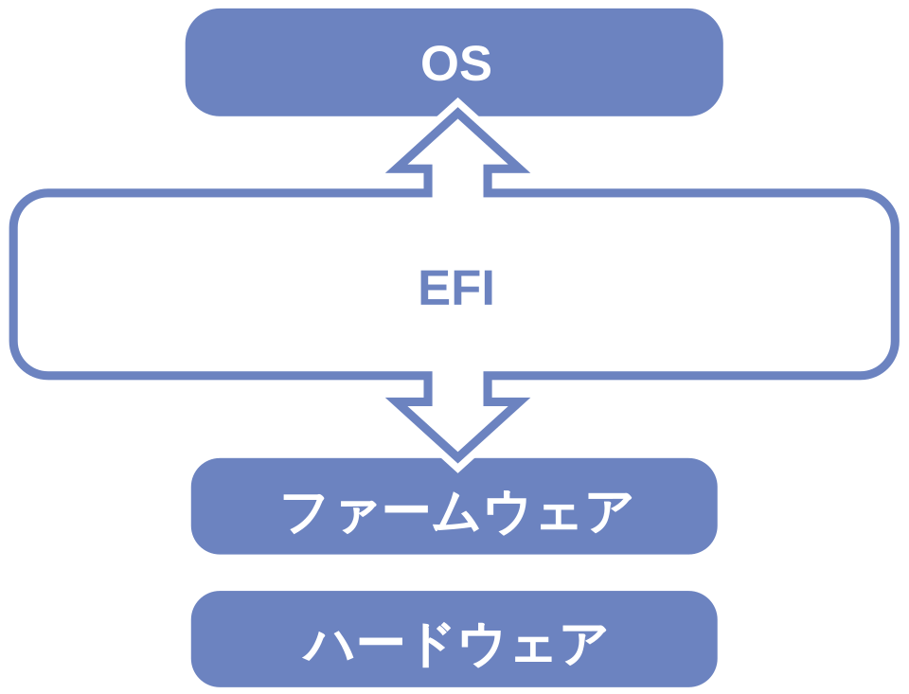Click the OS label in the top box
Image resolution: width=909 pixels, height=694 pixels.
[x=455, y=64]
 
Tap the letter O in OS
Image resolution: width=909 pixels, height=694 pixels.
[x=438, y=64]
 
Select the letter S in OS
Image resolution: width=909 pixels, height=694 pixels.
[x=475, y=64]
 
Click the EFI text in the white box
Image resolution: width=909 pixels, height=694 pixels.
[x=456, y=291]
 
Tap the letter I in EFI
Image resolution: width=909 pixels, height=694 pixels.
[x=487, y=291]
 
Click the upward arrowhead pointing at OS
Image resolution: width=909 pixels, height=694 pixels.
[x=457, y=142]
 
